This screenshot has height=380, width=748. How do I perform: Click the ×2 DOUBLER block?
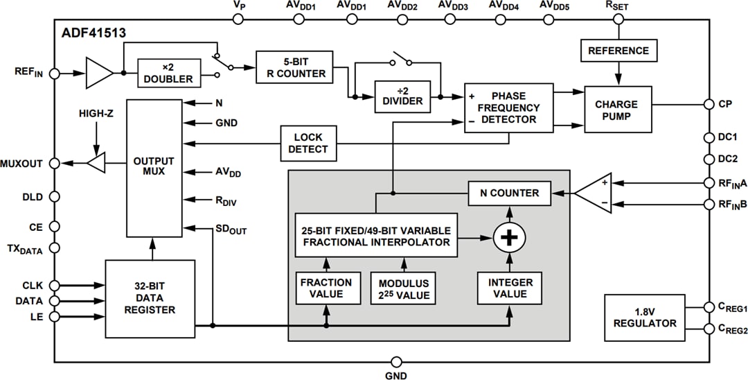coord(169,73)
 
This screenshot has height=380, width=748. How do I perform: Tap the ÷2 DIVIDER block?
coord(402,95)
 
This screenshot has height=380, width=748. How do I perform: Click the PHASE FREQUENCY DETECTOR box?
coord(509,107)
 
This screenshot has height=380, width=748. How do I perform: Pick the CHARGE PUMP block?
coord(617,110)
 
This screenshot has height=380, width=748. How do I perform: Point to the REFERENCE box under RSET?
coord(618,51)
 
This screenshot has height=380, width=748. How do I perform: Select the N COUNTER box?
coord(509,193)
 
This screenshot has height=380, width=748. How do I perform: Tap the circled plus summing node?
coord(509,239)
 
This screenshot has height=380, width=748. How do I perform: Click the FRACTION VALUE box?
coord(326,288)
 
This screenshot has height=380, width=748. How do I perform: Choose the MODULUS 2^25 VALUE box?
coord(404,288)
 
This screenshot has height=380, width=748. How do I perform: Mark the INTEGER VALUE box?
coord(510,288)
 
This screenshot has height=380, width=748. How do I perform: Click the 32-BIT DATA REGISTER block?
coord(150,298)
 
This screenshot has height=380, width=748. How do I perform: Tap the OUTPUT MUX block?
coord(154,166)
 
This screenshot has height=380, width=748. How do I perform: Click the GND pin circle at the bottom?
coord(396,361)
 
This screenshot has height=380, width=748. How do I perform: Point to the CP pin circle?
coord(709,104)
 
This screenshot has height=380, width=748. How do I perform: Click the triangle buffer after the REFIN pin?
coord(99,72)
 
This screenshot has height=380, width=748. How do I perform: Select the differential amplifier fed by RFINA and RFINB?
coord(595,193)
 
